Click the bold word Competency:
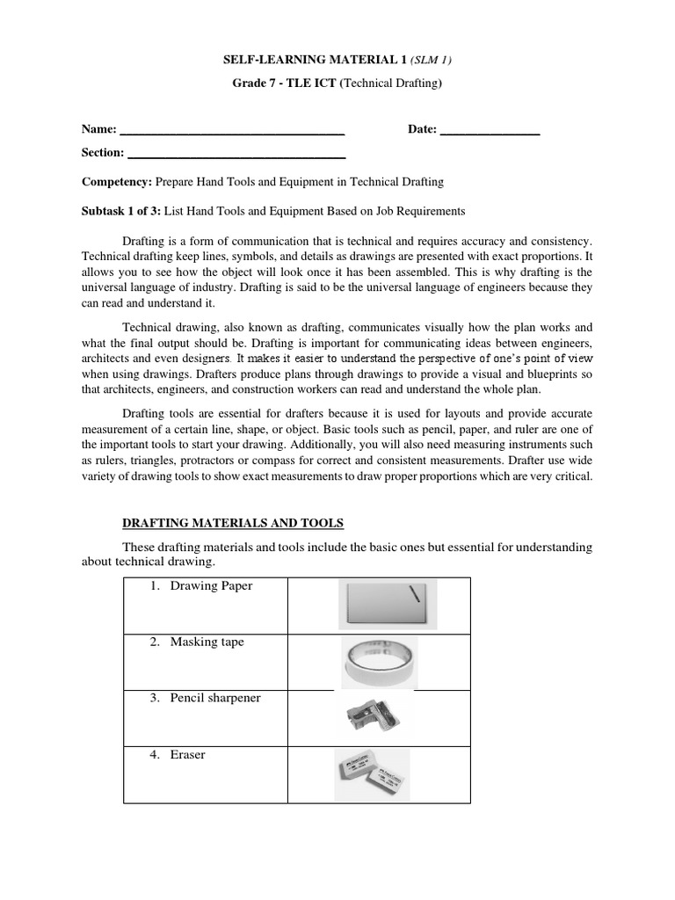coord(117,182)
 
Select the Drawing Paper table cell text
coord(211,586)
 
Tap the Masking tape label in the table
coord(207,642)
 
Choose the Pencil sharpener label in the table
coord(215,698)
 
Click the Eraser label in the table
coord(187,754)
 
